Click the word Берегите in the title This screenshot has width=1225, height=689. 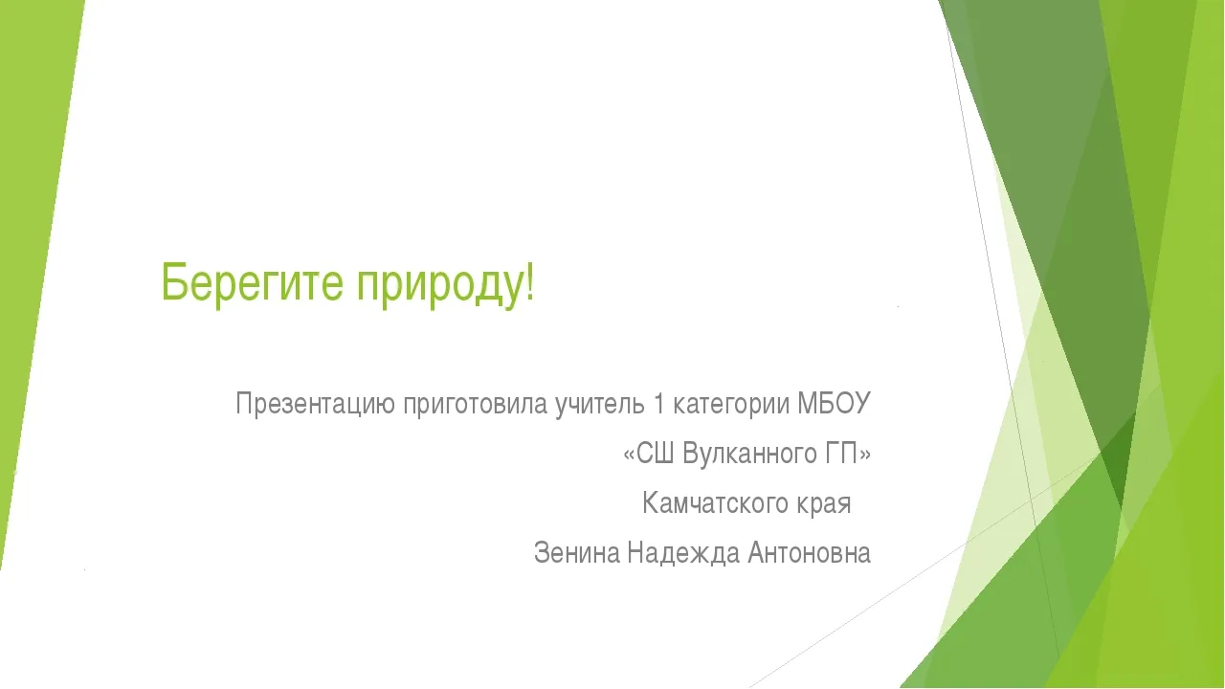(252, 281)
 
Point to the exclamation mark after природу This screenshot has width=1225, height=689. (529, 281)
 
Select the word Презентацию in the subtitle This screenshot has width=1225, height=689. (315, 405)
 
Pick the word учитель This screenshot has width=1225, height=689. (600, 405)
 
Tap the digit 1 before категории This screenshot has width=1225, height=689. (658, 404)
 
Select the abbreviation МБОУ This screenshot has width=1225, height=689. (834, 404)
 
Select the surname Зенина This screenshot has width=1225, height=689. (577, 552)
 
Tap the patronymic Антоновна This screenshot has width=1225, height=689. (809, 552)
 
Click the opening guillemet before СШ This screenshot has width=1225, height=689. (630, 455)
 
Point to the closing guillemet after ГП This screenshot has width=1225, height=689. (864, 455)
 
